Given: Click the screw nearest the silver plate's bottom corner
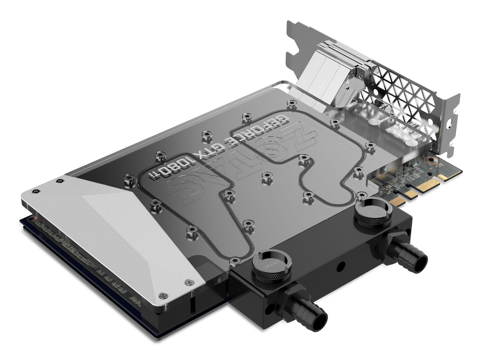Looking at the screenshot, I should (162, 296).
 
